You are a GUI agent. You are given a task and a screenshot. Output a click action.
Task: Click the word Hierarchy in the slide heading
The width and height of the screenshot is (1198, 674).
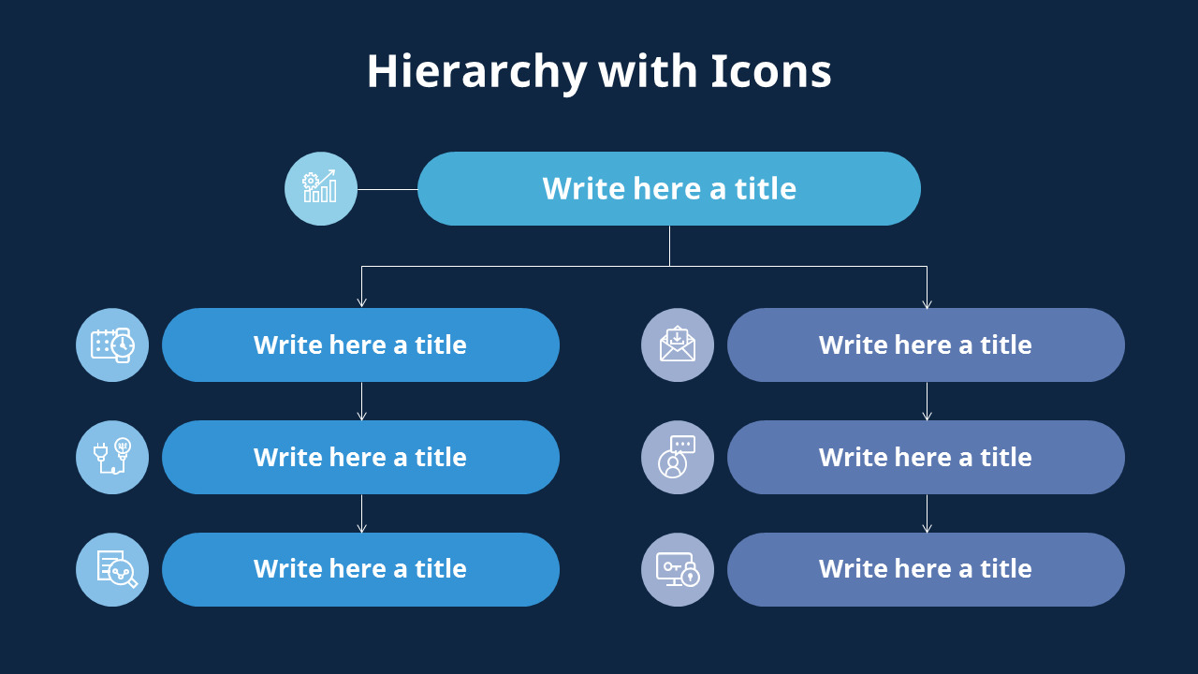coord(476,72)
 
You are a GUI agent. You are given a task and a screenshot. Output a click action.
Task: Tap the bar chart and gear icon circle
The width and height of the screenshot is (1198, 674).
coord(321,188)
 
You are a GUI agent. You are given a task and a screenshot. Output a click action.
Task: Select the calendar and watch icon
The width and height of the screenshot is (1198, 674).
coord(112,344)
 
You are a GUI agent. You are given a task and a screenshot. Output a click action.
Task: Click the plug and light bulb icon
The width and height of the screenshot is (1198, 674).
coord(112,457)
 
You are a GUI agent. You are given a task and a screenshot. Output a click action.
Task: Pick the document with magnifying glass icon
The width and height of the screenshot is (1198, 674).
coord(112,569)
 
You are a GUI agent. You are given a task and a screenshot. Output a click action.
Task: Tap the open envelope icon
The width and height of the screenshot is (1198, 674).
coord(678,344)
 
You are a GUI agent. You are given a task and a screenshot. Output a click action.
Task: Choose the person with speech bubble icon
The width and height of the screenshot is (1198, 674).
coord(678,457)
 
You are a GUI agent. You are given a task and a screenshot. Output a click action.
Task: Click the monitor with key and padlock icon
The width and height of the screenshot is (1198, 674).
coord(678,569)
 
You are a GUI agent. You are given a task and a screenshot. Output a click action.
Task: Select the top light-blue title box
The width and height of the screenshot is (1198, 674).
coord(668,188)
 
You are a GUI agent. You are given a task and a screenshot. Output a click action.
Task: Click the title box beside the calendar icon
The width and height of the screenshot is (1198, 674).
coord(360,344)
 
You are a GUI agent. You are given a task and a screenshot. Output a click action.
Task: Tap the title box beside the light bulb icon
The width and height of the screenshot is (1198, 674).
coord(360,457)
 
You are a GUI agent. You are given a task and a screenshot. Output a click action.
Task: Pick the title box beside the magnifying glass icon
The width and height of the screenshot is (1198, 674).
coord(360,569)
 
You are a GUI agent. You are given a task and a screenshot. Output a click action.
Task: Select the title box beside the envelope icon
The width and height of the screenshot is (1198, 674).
coord(926,344)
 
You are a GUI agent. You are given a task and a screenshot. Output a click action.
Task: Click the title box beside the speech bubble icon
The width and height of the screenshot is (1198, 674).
coord(926,457)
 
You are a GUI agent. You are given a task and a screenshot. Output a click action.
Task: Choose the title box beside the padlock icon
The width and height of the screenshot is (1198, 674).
coord(926,569)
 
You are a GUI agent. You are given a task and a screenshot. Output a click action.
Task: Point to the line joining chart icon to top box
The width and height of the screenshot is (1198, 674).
coord(387,189)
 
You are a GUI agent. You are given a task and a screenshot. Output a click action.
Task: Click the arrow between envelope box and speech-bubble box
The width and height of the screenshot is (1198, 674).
coord(927,402)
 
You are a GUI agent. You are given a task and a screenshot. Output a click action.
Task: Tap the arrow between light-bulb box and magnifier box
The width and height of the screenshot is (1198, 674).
coord(361,514)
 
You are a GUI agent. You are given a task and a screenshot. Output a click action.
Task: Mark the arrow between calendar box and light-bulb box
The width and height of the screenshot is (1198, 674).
coord(361,402)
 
